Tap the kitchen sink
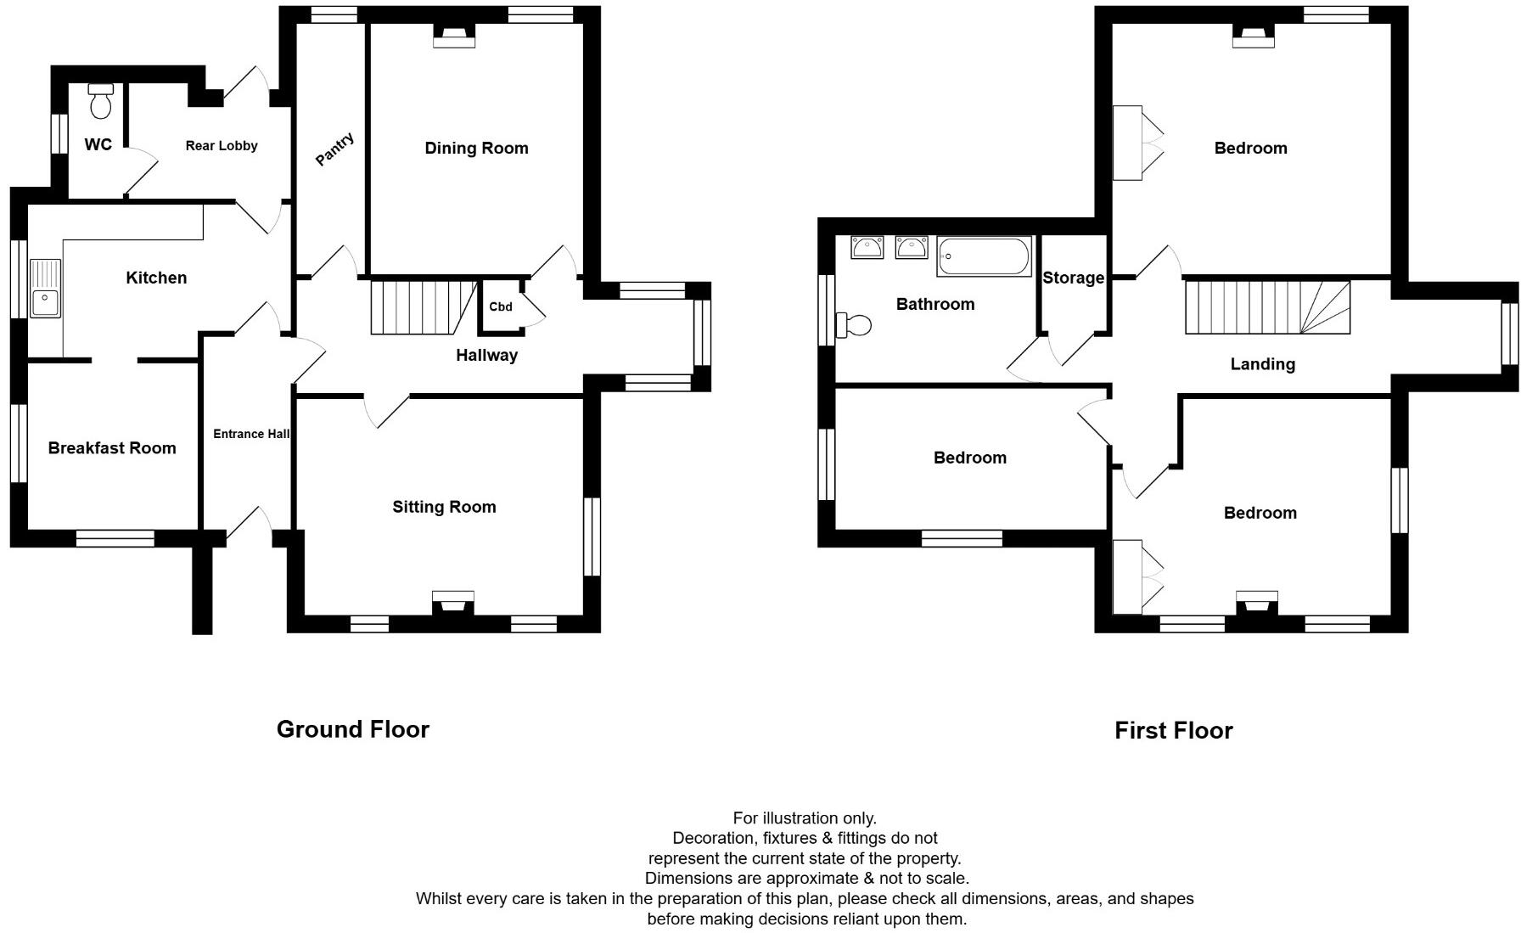click(x=45, y=289)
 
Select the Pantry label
click(x=334, y=149)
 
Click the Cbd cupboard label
click(x=501, y=306)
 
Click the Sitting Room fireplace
click(x=453, y=603)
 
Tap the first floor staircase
click(x=1266, y=307)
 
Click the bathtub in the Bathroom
click(x=984, y=256)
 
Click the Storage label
click(x=1073, y=278)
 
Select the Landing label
click(x=1262, y=364)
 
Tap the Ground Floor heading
click(x=353, y=729)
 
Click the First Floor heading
click(x=1173, y=730)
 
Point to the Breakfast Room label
click(x=112, y=448)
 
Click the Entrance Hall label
click(x=251, y=434)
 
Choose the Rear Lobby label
click(x=222, y=146)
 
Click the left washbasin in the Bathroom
click(x=867, y=247)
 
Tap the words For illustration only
click(x=804, y=818)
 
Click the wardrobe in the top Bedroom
click(x=1127, y=143)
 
